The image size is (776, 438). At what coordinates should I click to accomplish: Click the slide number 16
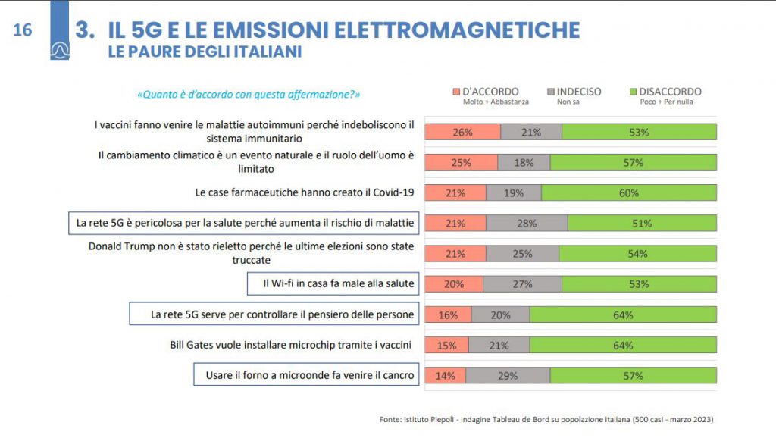point(23,30)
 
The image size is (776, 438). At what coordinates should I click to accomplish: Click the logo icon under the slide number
point(60,50)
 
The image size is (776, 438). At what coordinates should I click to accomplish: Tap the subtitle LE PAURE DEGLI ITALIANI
point(205,52)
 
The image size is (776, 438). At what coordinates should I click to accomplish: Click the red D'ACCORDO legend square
point(456,92)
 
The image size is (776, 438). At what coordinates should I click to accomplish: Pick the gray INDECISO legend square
point(550,92)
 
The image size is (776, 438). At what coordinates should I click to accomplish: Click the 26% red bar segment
point(462,132)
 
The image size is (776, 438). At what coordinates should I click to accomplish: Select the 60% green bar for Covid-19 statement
point(629,192)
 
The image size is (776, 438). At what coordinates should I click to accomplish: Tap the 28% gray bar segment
point(527,223)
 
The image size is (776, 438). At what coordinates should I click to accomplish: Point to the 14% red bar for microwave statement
point(445,375)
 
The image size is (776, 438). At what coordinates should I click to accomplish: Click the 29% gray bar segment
point(508,375)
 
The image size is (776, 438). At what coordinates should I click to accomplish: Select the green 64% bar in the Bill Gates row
point(623,345)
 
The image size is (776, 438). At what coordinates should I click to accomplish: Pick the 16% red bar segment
point(448,314)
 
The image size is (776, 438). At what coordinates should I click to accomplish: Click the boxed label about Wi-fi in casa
point(333,283)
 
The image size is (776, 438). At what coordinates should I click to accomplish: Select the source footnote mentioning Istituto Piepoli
point(546,419)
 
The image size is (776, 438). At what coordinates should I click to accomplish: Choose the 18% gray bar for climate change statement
point(524,162)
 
